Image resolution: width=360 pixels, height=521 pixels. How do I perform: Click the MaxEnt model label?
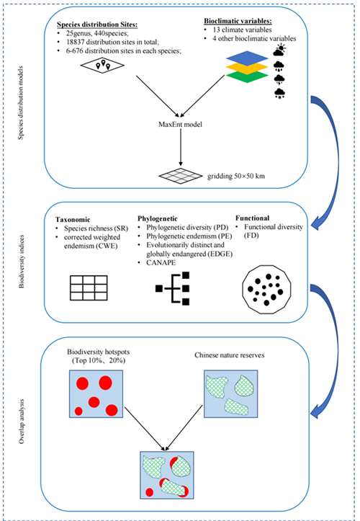click(x=180, y=125)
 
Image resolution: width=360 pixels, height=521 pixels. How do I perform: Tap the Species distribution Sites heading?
click(x=97, y=25)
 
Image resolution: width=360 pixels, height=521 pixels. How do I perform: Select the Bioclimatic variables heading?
click(x=238, y=21)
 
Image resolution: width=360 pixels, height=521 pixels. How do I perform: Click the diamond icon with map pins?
click(x=103, y=64)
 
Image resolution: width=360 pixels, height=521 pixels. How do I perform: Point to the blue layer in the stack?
click(x=247, y=58)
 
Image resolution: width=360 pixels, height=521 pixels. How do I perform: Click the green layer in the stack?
click(x=247, y=76)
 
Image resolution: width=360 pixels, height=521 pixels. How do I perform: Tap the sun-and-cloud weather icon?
click(x=279, y=50)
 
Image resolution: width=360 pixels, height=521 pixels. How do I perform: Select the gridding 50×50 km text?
click(x=236, y=177)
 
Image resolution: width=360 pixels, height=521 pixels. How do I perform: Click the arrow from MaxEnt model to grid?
click(x=181, y=147)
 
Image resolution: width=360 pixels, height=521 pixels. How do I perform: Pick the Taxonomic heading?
click(x=73, y=220)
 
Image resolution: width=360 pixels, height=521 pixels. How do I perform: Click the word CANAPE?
click(x=161, y=263)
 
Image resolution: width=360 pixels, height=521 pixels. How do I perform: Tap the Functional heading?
click(x=253, y=218)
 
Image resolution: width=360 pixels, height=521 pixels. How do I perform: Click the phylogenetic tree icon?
click(x=173, y=288)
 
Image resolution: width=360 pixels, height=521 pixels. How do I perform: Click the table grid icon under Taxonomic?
click(x=89, y=288)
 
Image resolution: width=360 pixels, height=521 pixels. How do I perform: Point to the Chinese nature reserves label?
click(x=230, y=355)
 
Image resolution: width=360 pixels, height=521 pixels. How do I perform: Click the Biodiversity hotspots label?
click(x=99, y=352)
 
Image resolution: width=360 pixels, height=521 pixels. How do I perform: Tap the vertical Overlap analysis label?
click(x=22, y=422)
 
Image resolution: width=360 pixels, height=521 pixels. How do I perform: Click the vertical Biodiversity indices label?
click(x=22, y=262)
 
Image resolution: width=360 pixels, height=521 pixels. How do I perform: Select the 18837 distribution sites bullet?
click(x=112, y=43)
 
